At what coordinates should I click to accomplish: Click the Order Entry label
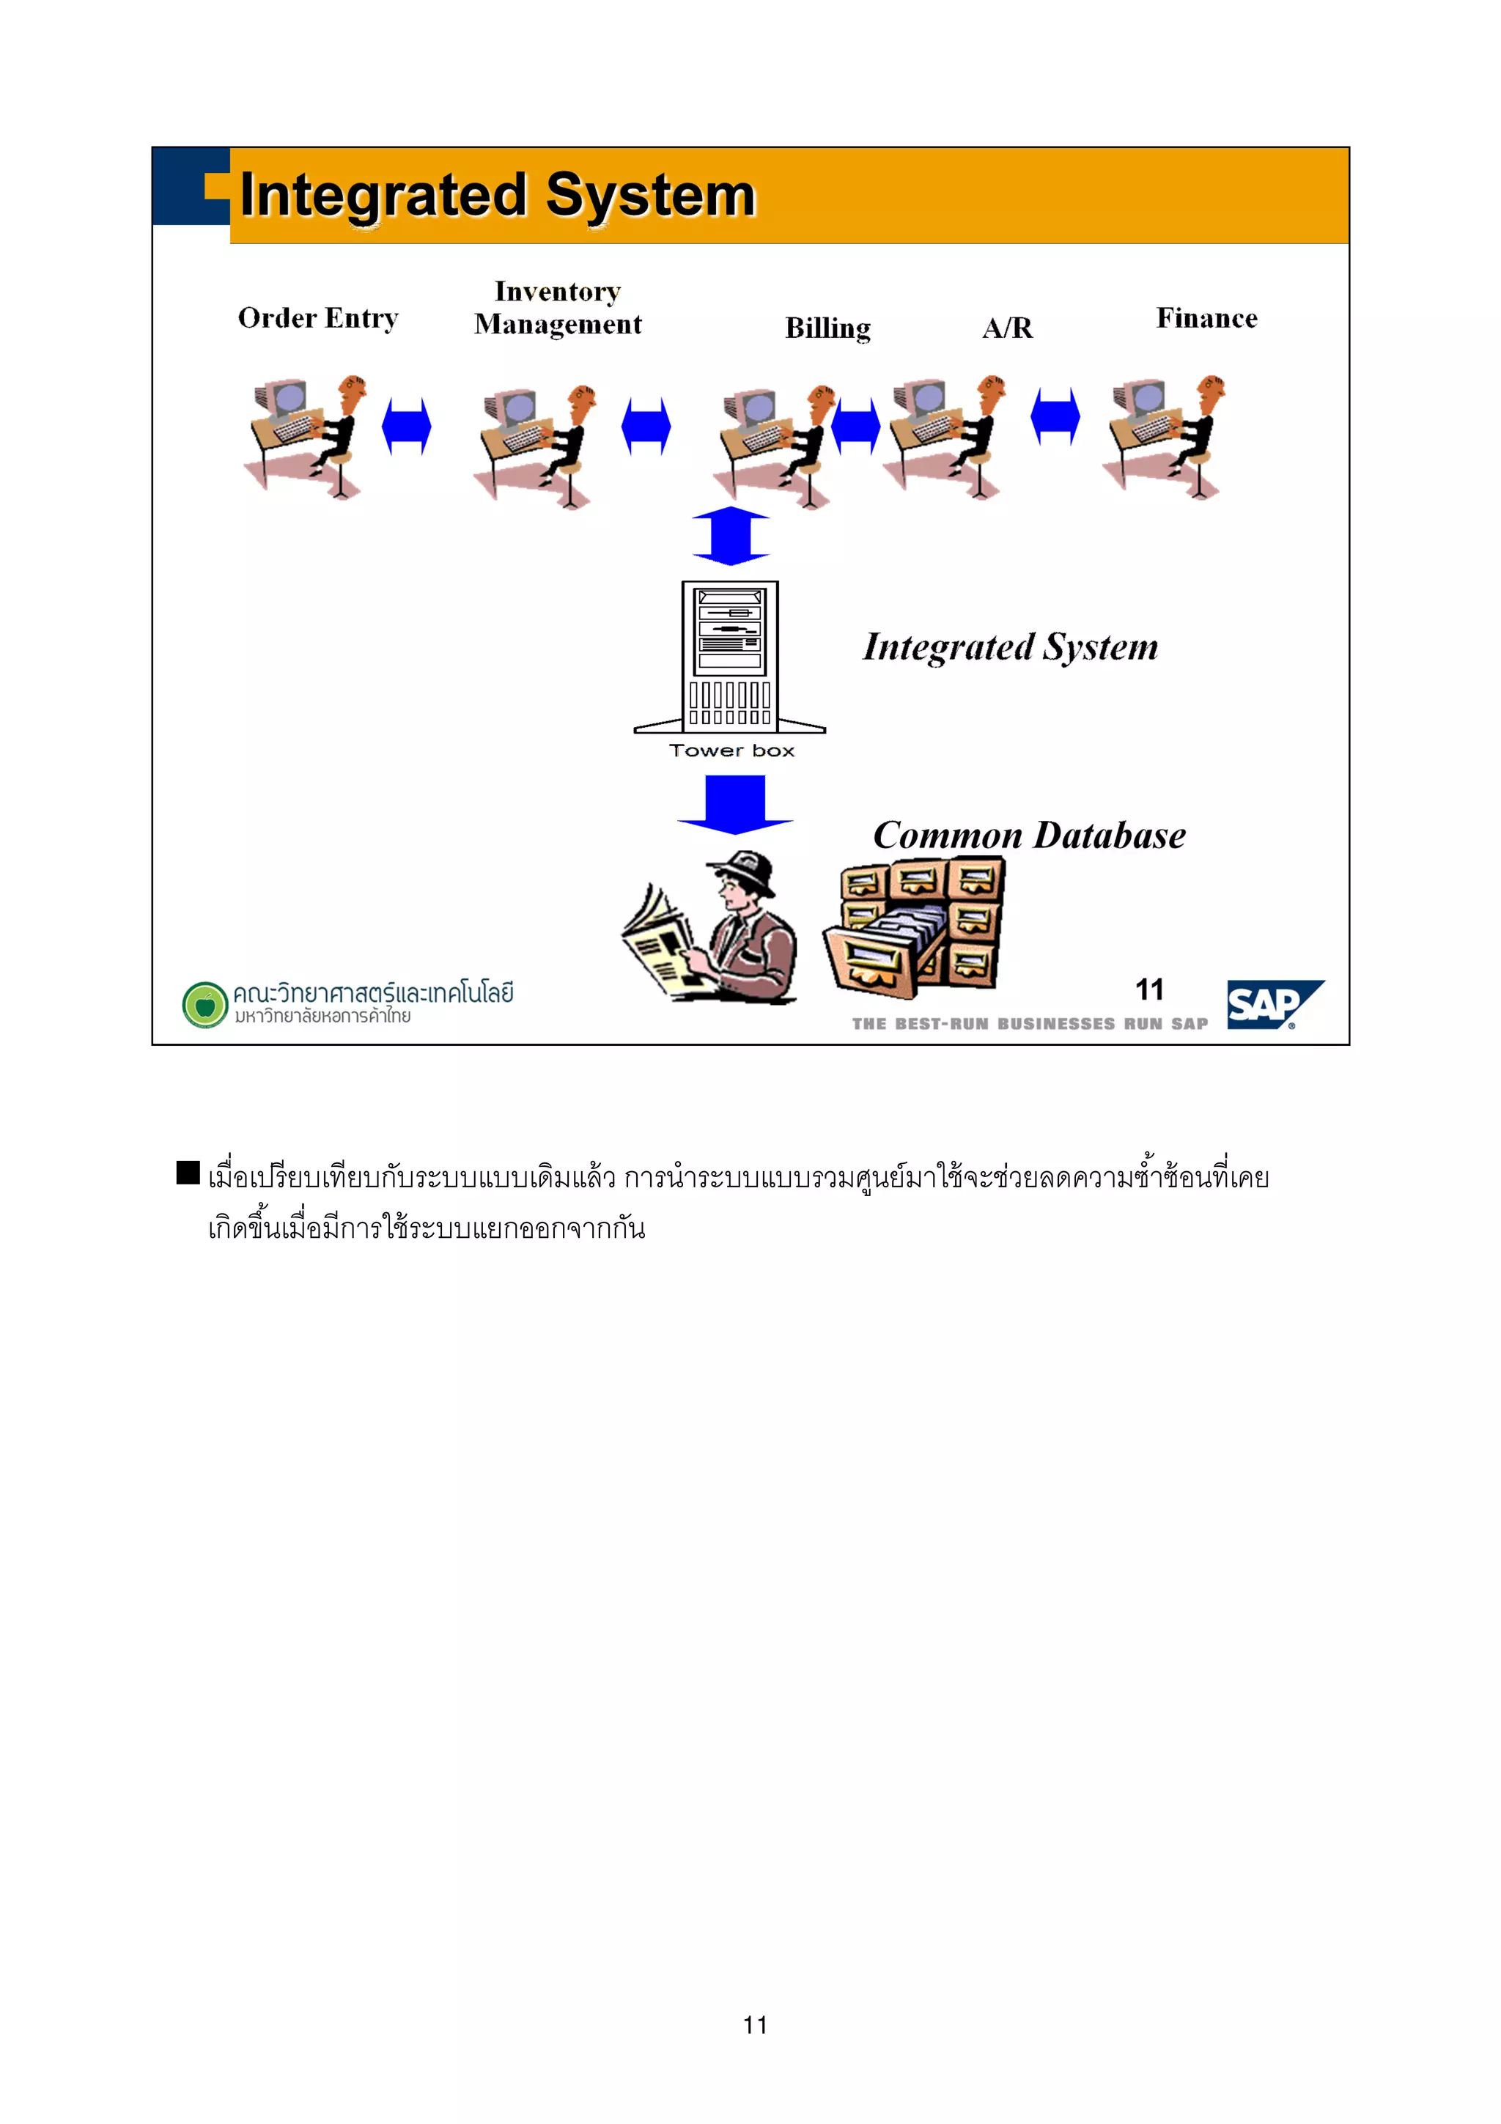317,318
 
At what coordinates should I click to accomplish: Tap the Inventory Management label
558,308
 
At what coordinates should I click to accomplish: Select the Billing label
827,328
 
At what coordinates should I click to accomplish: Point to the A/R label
1007,328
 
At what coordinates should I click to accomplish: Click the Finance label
1206,318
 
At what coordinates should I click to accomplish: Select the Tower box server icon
730,657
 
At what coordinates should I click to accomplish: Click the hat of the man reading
742,869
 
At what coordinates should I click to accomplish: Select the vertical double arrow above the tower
731,536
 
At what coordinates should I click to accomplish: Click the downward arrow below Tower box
734,803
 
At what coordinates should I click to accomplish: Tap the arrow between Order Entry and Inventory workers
407,427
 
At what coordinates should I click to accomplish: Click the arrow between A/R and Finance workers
1055,416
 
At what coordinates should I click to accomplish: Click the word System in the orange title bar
650,196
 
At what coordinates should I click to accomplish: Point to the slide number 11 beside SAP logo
1149,990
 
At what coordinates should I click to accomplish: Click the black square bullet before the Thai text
188,1172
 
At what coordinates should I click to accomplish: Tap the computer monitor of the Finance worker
1148,399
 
